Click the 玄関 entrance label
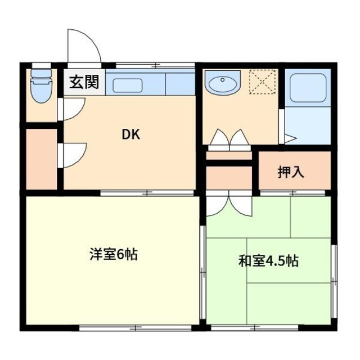84,82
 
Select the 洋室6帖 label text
113,254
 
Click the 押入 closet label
291,173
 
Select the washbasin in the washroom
222,85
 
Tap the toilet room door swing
72,108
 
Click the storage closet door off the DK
72,154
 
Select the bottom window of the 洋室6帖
135,327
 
